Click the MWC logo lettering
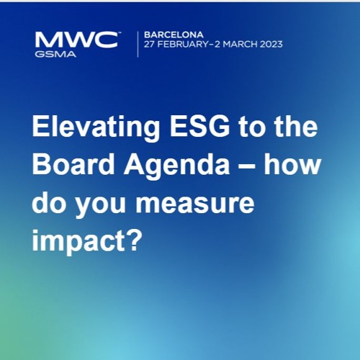click(x=77, y=40)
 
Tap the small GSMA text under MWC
click(x=55, y=54)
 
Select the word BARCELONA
click(x=174, y=35)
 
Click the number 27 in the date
click(x=149, y=45)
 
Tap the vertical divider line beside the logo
click(x=138, y=45)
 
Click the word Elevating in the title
click(x=96, y=127)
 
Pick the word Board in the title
click(x=73, y=164)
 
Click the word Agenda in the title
click(x=176, y=168)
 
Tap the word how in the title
click(x=292, y=164)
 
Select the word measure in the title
click(x=194, y=204)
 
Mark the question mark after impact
click(x=134, y=240)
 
